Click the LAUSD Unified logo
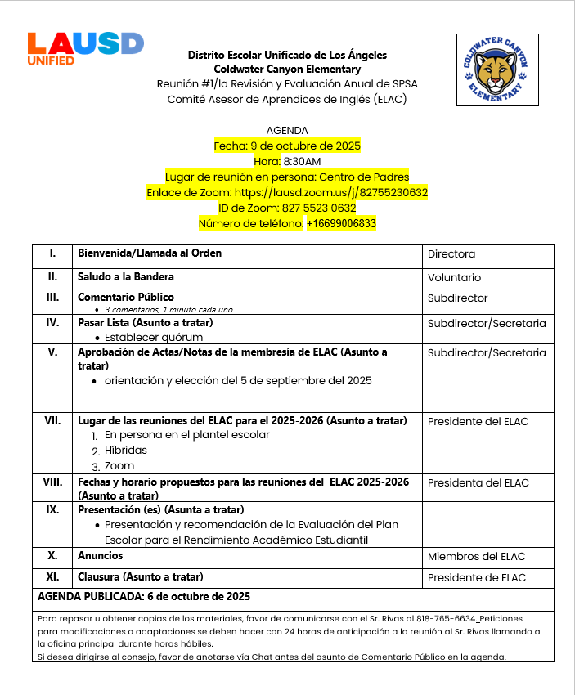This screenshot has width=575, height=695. tap(85, 48)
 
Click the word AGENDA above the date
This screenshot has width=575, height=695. tap(287, 130)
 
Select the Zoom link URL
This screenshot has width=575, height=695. tap(331, 192)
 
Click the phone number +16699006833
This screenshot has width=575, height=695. tap(341, 223)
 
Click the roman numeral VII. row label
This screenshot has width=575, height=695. tap(52, 421)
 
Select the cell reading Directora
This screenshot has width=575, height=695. tap(451, 254)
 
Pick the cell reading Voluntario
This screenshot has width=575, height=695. tap(454, 277)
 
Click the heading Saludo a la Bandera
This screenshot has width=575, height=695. tap(126, 277)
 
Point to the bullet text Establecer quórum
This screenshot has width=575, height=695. tap(154, 337)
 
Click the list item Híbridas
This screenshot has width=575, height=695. tap(126, 450)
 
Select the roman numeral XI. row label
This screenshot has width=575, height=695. tap(52, 577)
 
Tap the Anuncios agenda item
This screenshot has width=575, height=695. tap(100, 556)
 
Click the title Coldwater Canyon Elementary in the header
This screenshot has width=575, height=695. tap(287, 69)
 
